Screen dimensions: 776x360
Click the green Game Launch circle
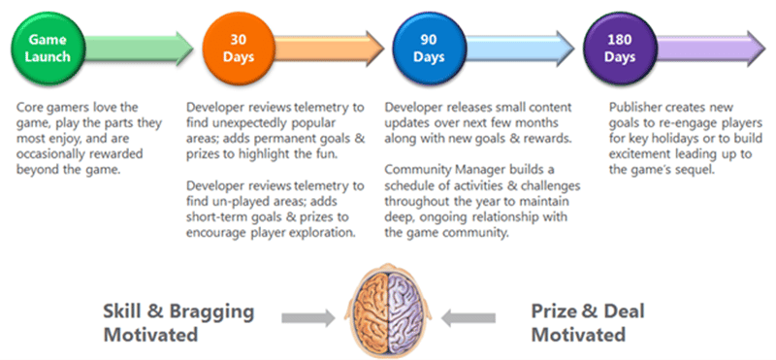tap(48, 49)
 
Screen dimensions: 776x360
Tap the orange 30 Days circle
tap(239, 49)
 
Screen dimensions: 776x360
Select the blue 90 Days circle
tap(429, 49)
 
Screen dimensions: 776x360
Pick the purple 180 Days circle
tap(620, 49)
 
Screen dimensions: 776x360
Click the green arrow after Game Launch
tap(139, 49)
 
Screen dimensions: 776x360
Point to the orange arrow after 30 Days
tap(329, 49)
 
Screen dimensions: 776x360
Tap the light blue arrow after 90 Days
tap(520, 49)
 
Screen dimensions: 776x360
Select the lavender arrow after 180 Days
tap(711, 49)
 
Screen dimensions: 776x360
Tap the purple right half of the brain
tap(405, 310)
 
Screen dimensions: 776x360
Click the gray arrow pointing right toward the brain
tap(308, 318)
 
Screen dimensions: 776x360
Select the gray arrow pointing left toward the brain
tap(468, 318)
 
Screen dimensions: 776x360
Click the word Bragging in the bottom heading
tap(212, 312)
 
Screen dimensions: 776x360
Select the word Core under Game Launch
tap(28, 107)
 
